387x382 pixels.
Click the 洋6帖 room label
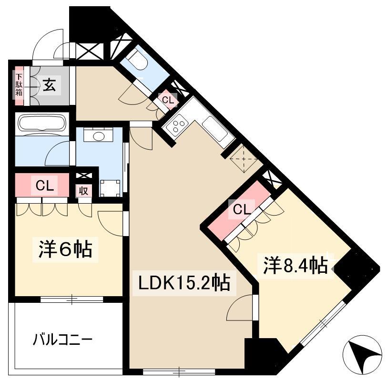click(x=65, y=249)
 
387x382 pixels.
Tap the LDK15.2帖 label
click(x=184, y=282)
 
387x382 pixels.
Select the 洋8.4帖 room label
click(x=295, y=266)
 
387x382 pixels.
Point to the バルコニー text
click(x=63, y=340)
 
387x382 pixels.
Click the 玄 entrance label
click(x=49, y=85)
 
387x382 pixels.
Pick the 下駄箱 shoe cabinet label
click(x=19, y=85)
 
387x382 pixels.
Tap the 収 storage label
click(x=84, y=191)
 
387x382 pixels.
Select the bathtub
click(x=42, y=124)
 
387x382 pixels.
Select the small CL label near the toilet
click(x=168, y=100)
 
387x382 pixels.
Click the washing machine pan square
click(x=111, y=188)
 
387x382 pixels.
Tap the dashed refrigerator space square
click(x=244, y=159)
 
